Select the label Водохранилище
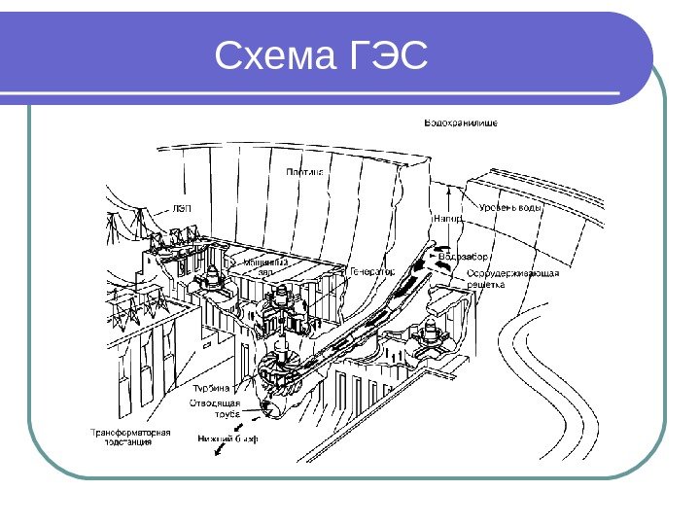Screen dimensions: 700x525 [461, 123]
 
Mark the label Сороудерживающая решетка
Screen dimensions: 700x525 [512, 278]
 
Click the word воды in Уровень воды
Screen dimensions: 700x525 [530, 208]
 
